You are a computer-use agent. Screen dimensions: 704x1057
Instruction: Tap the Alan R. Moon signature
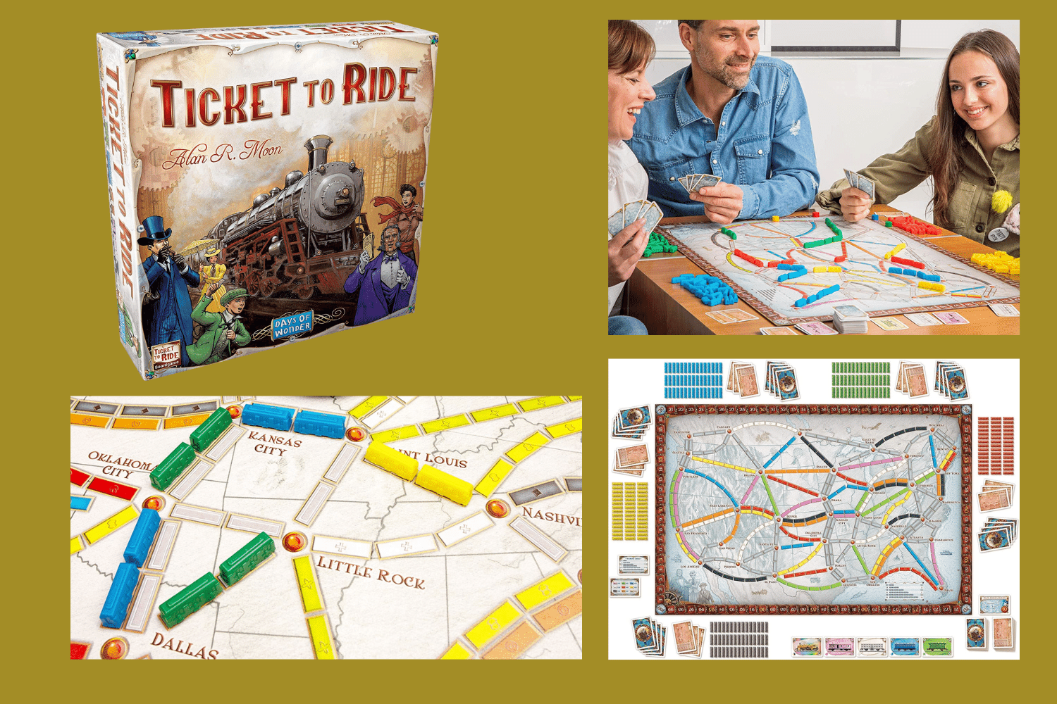pyautogui.click(x=223, y=153)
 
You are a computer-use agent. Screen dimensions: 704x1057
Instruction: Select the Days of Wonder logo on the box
pyautogui.click(x=292, y=325)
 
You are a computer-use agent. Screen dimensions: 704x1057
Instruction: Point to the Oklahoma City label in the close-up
pyautogui.click(x=120, y=465)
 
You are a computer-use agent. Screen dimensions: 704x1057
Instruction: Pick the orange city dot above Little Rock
pyautogui.click(x=295, y=541)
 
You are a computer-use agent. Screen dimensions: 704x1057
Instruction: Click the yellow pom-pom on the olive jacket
pyautogui.click(x=1001, y=201)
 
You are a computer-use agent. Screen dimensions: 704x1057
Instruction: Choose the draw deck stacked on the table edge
pyautogui.click(x=850, y=318)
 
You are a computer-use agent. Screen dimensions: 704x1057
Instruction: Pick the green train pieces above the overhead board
pyautogui.click(x=860, y=379)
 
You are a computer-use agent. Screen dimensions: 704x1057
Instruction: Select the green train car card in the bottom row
pyautogui.click(x=937, y=646)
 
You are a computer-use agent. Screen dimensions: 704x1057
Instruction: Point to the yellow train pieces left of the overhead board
pyautogui.click(x=629, y=511)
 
